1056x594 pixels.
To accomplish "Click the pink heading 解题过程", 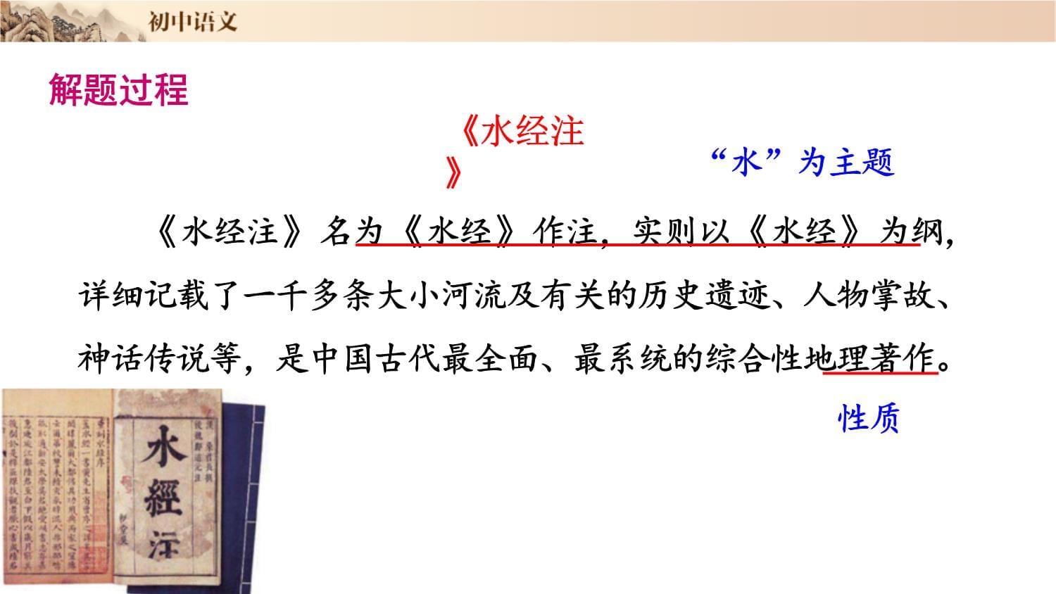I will [x=118, y=91].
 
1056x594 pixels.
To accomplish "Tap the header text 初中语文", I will [x=192, y=21].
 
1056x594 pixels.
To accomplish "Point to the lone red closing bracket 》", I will [x=454, y=173].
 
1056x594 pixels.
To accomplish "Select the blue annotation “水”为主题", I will [x=802, y=163].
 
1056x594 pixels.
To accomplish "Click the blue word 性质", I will [x=869, y=419].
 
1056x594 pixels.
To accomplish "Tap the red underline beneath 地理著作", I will [x=880, y=374].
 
